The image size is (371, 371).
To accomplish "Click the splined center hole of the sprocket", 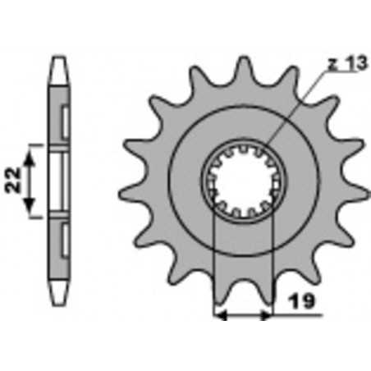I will pyautogui.click(x=242, y=181).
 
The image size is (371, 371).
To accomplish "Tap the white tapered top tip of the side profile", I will pyautogui.click(x=59, y=70).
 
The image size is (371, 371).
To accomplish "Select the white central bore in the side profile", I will pyautogui.click(x=59, y=181).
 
